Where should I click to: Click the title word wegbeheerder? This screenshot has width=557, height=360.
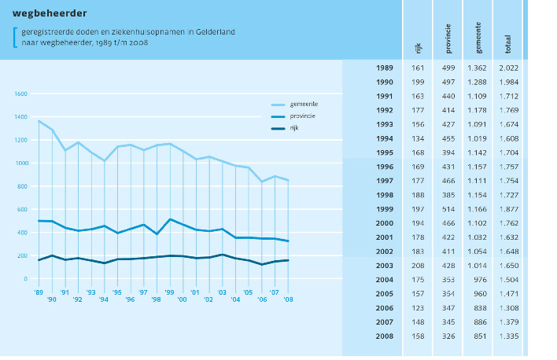[50, 13]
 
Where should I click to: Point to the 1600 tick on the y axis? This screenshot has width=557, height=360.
[20, 94]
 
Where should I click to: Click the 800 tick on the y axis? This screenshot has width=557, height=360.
[22, 186]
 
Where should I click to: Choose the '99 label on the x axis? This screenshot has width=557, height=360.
[169, 292]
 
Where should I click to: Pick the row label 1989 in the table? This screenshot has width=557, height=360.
[385, 68]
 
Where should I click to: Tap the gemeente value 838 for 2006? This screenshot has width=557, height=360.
[478, 308]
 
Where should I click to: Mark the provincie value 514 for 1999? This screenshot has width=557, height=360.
[448, 208]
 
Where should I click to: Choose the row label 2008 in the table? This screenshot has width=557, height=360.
[385, 337]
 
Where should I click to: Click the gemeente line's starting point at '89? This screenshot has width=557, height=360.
[39, 121]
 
